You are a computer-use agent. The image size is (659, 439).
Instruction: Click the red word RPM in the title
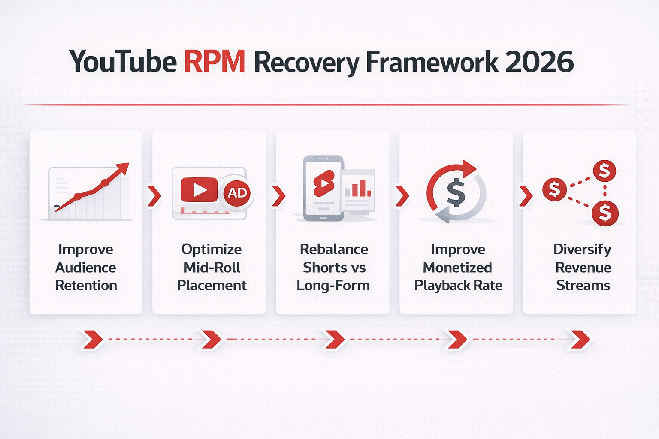(215, 62)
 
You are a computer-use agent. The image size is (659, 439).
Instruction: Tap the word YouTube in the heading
(123, 62)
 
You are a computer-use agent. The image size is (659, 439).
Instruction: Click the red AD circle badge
(237, 193)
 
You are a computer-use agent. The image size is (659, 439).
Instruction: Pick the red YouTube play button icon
(199, 189)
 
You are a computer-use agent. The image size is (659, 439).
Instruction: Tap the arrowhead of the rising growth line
(124, 167)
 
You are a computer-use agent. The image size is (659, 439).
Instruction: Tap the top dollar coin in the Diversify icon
(604, 171)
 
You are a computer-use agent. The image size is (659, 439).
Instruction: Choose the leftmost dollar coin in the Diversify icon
(554, 189)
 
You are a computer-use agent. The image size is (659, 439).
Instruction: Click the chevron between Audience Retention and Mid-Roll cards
(154, 196)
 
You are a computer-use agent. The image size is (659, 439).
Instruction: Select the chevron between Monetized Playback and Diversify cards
(526, 196)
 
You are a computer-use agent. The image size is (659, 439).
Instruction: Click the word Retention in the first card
(86, 286)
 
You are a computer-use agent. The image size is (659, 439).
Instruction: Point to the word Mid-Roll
(212, 268)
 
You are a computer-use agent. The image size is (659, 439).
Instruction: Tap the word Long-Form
(333, 286)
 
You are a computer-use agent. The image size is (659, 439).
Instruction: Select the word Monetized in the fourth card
(457, 268)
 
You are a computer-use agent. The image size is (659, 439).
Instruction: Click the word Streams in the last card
(583, 286)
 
